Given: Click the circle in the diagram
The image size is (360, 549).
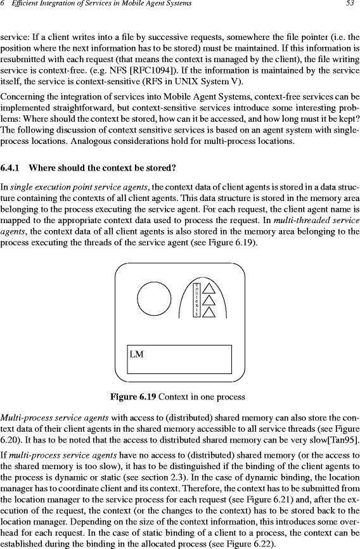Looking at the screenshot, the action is click(155, 299).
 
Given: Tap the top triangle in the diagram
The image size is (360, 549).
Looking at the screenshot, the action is click(209, 288).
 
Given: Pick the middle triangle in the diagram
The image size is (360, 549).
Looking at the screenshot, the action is click(209, 300).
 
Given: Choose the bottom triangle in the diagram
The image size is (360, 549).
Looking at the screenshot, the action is click(209, 312).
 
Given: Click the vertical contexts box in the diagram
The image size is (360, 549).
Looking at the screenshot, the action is click(197, 299).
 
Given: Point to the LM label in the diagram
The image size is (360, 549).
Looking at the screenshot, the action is click(136, 354).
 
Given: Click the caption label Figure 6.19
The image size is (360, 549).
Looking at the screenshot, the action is click(133, 397).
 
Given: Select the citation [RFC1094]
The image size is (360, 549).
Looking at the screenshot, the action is click(152, 71).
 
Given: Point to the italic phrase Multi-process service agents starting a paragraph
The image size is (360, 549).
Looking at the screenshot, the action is click(55, 418).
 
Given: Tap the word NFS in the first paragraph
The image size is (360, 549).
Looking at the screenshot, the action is click(118, 71).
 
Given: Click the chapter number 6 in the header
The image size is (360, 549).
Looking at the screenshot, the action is click(2, 4).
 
